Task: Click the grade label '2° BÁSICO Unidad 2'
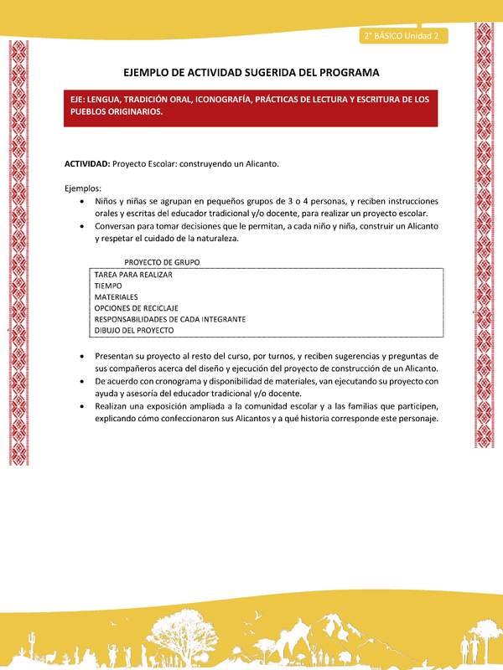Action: tap(404, 36)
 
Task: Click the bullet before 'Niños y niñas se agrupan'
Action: tap(80, 202)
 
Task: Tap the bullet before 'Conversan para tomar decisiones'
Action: tap(80, 227)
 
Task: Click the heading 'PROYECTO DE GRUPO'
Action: tap(162, 262)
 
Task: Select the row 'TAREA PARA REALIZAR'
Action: tap(133, 275)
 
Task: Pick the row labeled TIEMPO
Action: tap(108, 286)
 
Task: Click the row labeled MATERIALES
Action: tap(116, 296)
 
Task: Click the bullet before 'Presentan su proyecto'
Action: tap(80, 357)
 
